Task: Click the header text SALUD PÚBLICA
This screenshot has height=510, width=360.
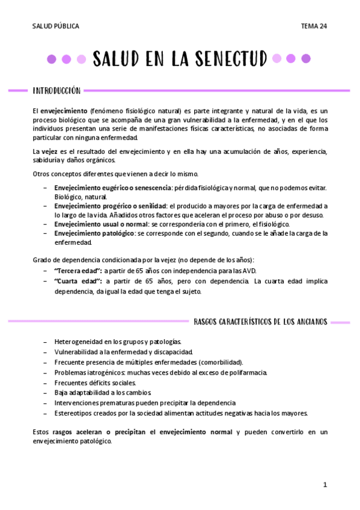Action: [55, 26]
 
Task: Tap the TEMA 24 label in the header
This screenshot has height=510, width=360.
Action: [314, 26]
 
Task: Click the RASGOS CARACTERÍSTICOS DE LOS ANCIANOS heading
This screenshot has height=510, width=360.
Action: [260, 322]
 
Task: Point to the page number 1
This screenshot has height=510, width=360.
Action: [325, 485]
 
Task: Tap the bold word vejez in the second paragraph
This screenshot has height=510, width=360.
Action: [49, 151]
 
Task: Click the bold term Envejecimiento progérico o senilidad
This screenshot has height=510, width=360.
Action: [109, 206]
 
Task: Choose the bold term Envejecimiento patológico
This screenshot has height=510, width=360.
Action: [94, 233]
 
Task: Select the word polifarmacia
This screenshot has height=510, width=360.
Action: [246, 372]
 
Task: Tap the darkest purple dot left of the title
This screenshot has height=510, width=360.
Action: [52, 59]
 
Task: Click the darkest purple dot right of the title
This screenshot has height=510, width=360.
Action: [306, 58]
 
